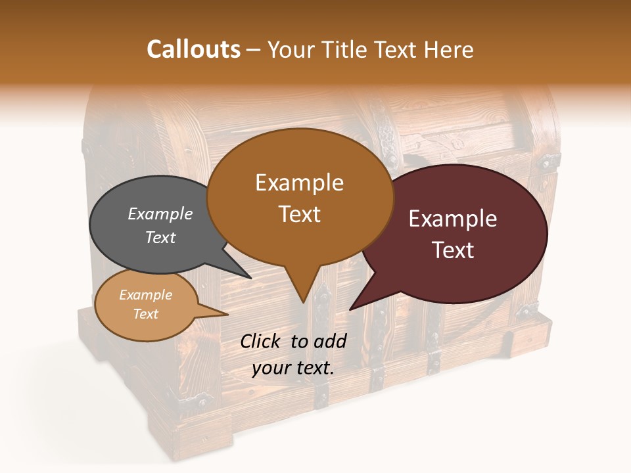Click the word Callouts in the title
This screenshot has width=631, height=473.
point(193,49)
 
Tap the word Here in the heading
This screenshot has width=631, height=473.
point(449,49)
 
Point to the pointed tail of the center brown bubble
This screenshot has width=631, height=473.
point(302,289)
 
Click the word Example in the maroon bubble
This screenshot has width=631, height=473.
point(453,219)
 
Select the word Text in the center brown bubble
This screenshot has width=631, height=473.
point(300,214)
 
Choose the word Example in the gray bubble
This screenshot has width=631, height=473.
point(160,214)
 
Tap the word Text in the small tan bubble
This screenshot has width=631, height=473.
point(145,314)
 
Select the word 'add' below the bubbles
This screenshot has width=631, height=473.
point(330,341)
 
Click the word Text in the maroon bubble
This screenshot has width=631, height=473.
point(454,250)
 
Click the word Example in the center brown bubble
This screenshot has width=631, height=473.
point(300,183)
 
